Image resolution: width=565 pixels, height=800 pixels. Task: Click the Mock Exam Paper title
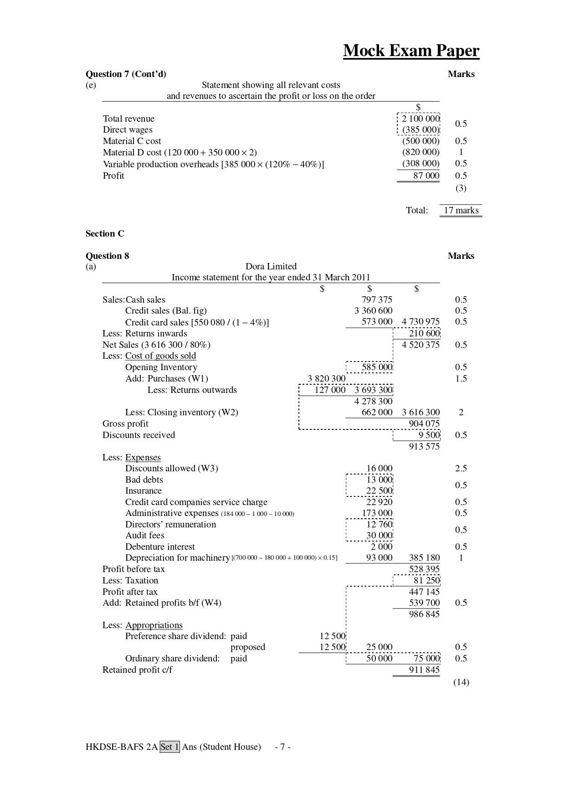click(x=411, y=51)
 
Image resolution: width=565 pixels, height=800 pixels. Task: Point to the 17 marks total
click(x=461, y=210)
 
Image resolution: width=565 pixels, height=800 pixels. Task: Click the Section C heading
click(x=105, y=233)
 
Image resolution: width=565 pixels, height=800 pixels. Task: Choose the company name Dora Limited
click(x=271, y=266)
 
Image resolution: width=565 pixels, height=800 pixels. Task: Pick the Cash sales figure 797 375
click(x=376, y=299)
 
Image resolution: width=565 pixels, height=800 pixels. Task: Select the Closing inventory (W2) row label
click(x=181, y=412)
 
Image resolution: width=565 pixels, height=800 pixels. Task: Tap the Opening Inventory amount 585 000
click(x=377, y=367)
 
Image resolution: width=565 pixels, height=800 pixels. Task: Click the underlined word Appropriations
click(x=154, y=625)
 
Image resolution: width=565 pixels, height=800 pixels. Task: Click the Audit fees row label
click(x=144, y=535)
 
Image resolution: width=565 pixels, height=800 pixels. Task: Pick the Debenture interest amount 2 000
click(x=381, y=547)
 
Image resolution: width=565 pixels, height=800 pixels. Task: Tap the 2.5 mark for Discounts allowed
click(x=461, y=468)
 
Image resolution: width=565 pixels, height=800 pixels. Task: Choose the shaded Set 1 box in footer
click(x=169, y=747)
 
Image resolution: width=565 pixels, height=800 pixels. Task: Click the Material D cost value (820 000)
click(x=421, y=152)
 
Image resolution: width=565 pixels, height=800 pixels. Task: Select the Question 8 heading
click(x=108, y=256)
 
